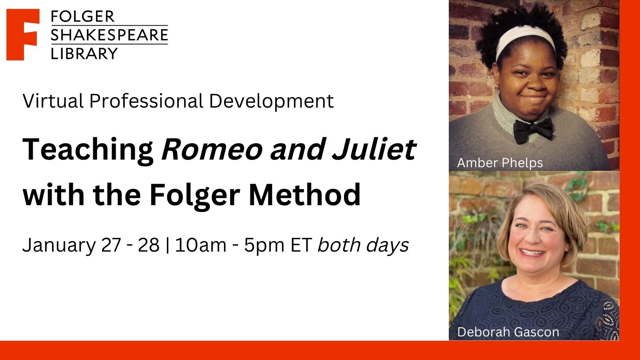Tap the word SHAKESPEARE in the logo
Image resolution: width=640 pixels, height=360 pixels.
[110, 35]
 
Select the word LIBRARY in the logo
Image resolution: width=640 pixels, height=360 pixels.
[84, 54]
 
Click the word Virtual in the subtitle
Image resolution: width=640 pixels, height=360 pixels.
[53, 101]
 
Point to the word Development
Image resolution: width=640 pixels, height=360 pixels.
[272, 102]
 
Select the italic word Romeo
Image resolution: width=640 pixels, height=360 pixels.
[212, 150]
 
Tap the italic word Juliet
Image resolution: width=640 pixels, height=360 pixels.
[374, 149]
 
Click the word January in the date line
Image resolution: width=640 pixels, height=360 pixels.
[59, 246]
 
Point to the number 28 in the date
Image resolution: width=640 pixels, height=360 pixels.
[148, 245]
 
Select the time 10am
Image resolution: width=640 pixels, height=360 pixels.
[200, 245]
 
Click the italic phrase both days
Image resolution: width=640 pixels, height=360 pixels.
[363, 245]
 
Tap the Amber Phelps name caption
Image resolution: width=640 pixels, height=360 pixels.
[500, 163]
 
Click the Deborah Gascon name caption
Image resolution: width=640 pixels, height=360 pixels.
[508, 332]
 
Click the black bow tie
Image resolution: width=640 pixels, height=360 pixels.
[533, 130]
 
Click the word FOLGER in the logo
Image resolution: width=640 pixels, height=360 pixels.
[82, 16]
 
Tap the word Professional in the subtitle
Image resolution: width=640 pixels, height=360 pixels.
[146, 101]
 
